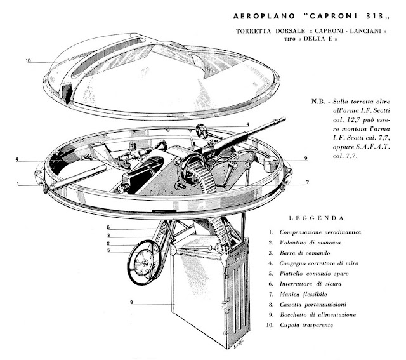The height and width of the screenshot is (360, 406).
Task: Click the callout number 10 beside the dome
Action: [x=28, y=61]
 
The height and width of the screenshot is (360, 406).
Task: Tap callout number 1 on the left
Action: [x=18, y=183]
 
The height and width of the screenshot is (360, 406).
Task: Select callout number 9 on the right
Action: [x=306, y=158]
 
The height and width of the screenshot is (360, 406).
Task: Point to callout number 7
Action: [x=307, y=182]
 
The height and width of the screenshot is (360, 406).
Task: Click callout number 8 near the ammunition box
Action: [x=131, y=302]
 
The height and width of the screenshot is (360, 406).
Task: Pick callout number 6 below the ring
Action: [x=108, y=227]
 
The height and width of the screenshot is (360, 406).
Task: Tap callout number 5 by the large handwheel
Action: [x=108, y=250]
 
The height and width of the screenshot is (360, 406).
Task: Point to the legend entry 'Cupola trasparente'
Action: [x=306, y=325]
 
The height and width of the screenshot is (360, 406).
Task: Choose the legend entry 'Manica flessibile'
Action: [x=303, y=294]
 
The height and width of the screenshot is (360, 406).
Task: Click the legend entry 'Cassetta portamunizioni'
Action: [x=313, y=305]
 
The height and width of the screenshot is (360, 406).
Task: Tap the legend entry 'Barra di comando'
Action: [x=305, y=253]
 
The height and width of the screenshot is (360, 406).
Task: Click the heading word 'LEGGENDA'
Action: [x=316, y=218]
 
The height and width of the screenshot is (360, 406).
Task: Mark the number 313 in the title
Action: [x=375, y=16]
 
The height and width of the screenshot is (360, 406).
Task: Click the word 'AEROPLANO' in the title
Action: [x=264, y=16]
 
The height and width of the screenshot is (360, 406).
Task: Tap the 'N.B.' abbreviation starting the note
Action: [x=318, y=102]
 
